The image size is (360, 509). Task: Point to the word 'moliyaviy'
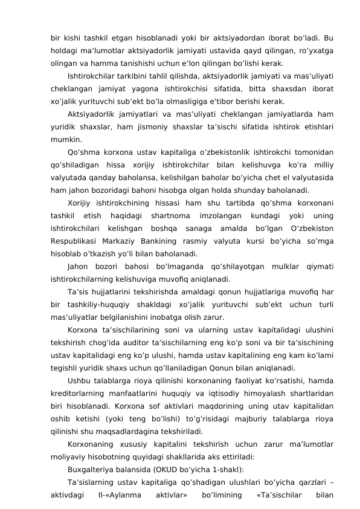pyautogui.click(x=69, y=458)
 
